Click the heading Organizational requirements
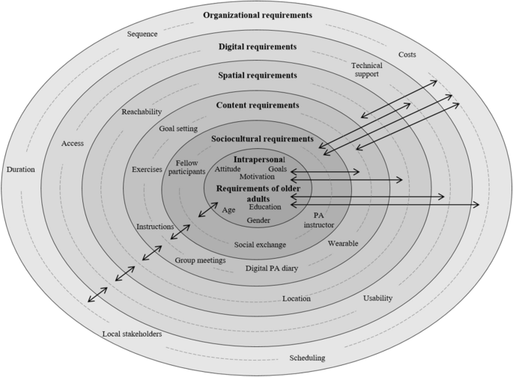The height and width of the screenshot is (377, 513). coord(257,15)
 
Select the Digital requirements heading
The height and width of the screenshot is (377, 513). coord(258,46)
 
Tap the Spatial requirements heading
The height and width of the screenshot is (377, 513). coord(257,76)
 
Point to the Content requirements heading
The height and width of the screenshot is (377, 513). coord(257,105)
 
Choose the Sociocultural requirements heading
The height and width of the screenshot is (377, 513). coord(258,138)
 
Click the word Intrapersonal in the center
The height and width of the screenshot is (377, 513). coord(259,160)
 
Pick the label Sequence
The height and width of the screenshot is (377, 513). coord(142,34)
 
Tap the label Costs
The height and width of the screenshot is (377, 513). coord(407,55)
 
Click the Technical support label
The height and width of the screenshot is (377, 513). coord(366,70)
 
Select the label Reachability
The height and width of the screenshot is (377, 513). coord(142,111)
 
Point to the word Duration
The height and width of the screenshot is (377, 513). coord(20,169)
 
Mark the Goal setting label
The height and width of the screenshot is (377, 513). coord(178,129)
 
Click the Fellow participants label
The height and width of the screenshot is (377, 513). coord(191,168)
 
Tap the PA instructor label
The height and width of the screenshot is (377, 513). coord(318,219)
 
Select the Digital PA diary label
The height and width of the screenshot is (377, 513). coord(272,268)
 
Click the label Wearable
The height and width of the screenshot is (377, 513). coord(343,243)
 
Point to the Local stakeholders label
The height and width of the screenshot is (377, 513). coord(131,334)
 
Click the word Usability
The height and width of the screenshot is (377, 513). coord(377,298)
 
